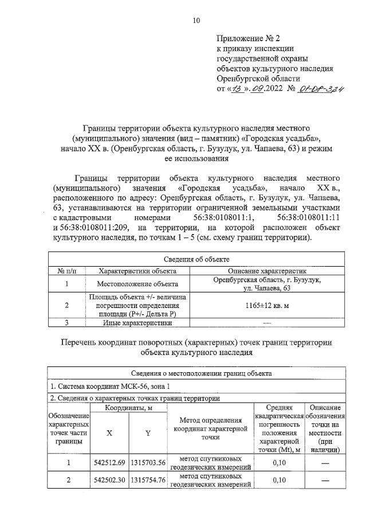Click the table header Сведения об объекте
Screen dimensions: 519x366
pyautogui.click(x=196, y=260)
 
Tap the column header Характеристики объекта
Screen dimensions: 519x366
pyautogui.click(x=138, y=271)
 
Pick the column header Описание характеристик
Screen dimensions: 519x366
pyautogui.click(x=267, y=271)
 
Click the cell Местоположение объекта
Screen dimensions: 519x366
pyautogui.click(x=138, y=284)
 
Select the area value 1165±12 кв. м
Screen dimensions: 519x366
pyautogui.click(x=267, y=306)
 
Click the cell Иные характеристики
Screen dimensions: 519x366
pyautogui.click(x=138, y=322)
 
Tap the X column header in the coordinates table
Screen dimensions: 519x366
pyautogui.click(x=109, y=433)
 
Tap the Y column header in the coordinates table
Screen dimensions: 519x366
pyautogui.click(x=147, y=433)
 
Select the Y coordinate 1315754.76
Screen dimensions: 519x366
pyautogui.click(x=148, y=481)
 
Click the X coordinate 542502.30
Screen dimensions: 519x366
pyautogui.click(x=109, y=481)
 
